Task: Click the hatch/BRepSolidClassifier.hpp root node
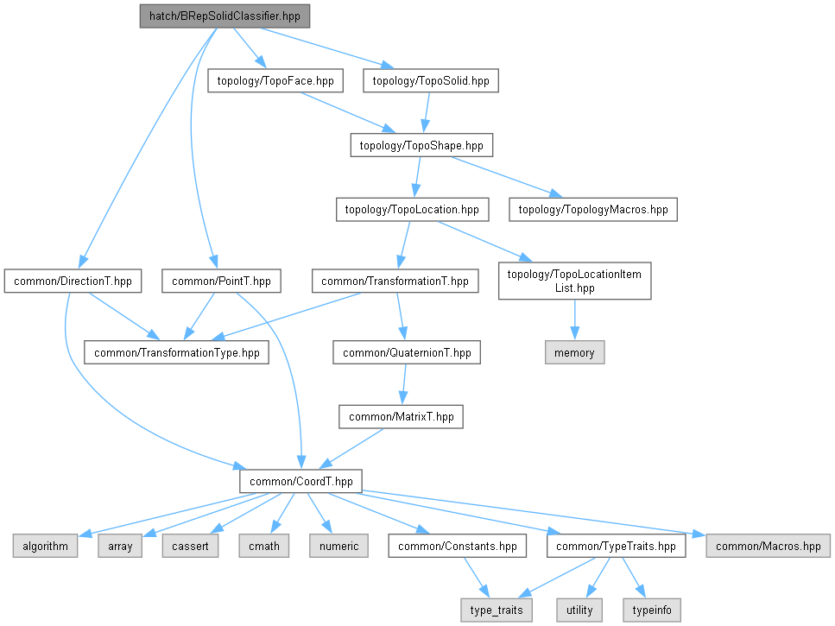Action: [225, 16]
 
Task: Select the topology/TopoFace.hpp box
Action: [275, 81]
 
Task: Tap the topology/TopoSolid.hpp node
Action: [431, 81]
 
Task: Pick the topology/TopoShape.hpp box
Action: [421, 145]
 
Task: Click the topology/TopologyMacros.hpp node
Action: [593, 209]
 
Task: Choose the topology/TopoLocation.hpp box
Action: [412, 209]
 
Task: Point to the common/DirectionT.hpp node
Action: [73, 281]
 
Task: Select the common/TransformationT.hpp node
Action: [395, 281]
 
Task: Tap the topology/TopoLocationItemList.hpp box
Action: [575, 281]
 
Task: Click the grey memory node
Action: [574, 352]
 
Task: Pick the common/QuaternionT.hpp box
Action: [407, 352]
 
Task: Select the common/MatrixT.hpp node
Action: [401, 417]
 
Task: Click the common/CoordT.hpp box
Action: [300, 481]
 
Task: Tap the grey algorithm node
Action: [45, 546]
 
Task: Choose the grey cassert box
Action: [189, 546]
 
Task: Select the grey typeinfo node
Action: [651, 610]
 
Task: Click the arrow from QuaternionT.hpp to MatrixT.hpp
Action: [403, 384]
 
